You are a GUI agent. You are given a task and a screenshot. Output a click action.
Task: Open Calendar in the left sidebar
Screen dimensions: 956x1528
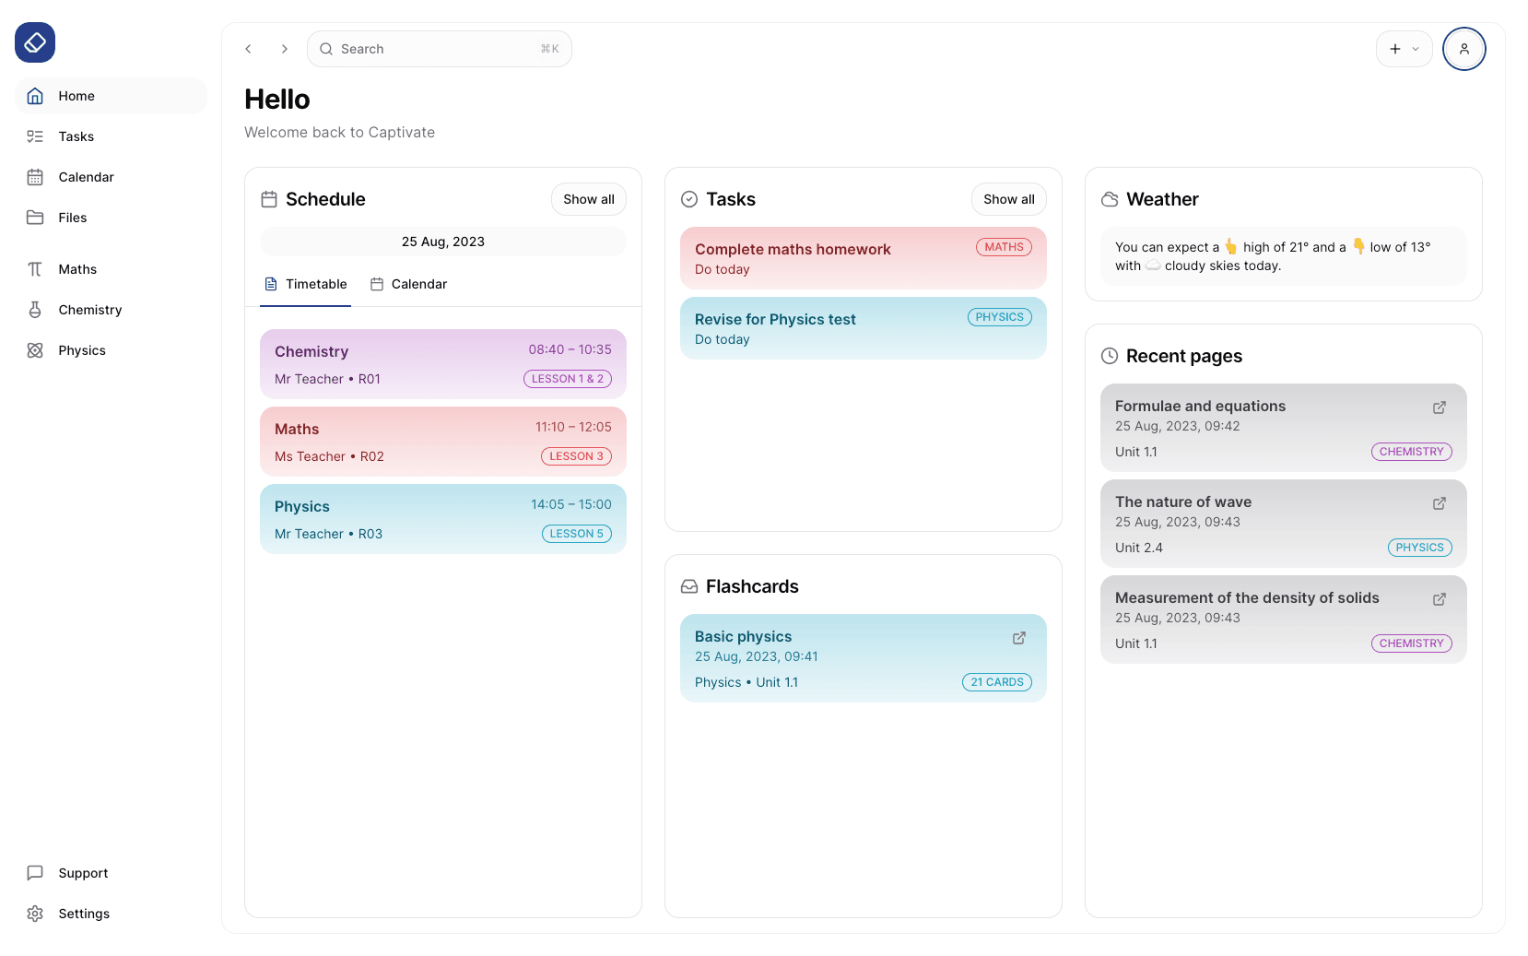[x=86, y=177]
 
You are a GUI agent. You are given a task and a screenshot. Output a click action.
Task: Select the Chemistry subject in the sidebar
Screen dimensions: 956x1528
[x=89, y=310]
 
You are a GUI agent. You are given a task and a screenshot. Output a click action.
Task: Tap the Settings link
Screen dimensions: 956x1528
[x=83, y=914]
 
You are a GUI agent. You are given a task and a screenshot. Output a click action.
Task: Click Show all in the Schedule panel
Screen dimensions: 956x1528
[x=588, y=199]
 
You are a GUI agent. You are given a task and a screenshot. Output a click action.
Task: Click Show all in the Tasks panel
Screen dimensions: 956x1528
[x=1008, y=199]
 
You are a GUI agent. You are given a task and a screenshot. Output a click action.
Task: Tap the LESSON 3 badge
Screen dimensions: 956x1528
[x=576, y=456]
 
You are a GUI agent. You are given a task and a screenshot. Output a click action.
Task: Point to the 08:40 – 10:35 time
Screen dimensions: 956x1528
[x=570, y=349]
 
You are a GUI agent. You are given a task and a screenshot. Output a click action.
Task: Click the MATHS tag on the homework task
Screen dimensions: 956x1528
[x=1004, y=247]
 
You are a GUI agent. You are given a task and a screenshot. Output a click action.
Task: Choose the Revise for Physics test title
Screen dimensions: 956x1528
[x=775, y=319]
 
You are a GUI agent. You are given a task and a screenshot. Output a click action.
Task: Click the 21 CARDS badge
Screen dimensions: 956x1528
[x=997, y=682]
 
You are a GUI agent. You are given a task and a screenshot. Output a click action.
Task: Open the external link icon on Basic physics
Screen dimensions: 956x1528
[x=1019, y=638]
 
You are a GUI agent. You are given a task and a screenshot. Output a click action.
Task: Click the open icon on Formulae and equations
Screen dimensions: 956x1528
[x=1440, y=407]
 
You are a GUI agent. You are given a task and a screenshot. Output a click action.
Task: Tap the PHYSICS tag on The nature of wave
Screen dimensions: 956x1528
[x=1419, y=548]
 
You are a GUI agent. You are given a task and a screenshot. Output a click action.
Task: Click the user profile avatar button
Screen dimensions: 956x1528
[x=1463, y=49]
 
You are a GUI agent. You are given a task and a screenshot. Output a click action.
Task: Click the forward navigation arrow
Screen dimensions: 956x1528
[x=285, y=49]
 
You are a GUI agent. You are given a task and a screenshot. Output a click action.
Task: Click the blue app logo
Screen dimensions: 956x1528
[x=35, y=42]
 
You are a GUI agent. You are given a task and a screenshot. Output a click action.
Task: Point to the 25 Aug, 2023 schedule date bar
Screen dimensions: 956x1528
[x=443, y=242]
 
